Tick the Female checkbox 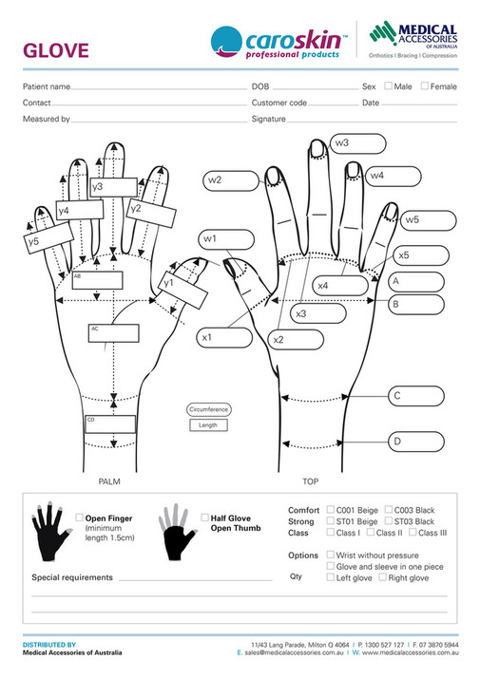tap(425, 86)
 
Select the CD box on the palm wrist tap(110, 424)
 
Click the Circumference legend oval tap(208, 409)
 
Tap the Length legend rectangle tap(208, 425)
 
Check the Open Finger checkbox tap(79, 518)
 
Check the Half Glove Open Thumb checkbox tap(205, 518)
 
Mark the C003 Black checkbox tap(388, 510)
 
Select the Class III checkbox tap(412, 533)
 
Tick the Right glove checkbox tap(382, 577)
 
